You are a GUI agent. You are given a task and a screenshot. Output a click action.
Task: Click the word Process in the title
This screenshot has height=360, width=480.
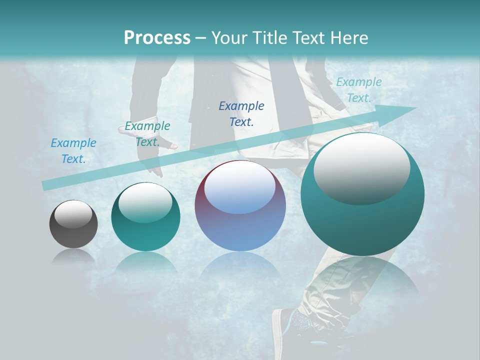point(157,37)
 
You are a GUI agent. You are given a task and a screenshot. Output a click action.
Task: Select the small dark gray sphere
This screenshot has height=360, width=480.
point(73,224)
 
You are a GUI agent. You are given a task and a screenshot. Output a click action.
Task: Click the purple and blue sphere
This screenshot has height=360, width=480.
point(240,206)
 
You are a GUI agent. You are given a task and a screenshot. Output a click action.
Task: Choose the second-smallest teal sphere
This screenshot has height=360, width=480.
point(145,216)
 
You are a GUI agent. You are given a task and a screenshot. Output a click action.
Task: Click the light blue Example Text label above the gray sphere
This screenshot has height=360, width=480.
point(73,151)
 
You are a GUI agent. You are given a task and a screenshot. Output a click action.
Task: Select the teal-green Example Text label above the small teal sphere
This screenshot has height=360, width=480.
point(147,134)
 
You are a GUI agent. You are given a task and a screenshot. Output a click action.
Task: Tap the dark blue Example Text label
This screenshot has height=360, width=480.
point(241,113)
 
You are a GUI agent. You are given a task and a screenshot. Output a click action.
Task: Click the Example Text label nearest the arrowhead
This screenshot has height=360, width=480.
point(359,90)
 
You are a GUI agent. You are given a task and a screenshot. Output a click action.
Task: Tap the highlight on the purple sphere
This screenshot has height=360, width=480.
point(239,187)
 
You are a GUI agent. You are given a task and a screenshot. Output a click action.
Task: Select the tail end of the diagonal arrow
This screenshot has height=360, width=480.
point(46,185)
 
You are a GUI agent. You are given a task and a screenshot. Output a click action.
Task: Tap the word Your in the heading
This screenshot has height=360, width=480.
point(229,37)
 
